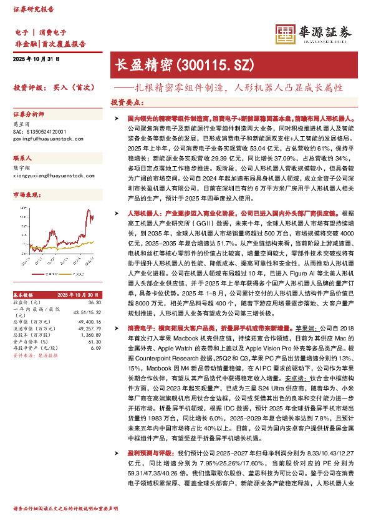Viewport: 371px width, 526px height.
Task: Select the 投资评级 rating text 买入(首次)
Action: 77,87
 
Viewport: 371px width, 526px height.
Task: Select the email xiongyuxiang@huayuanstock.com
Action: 50,176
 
